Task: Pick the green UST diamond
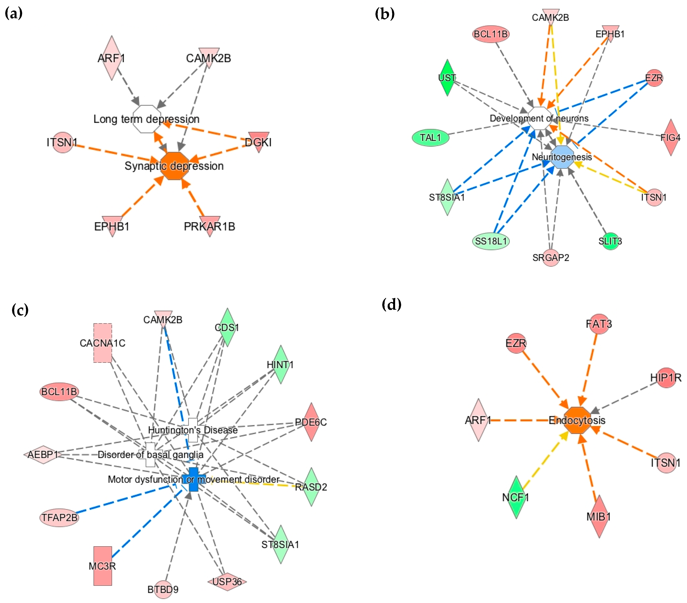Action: [447, 78]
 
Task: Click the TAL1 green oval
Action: [430, 137]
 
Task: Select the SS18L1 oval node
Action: [491, 241]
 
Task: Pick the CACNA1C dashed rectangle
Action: [102, 343]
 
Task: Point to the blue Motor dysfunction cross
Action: [194, 479]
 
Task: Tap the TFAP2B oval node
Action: [59, 517]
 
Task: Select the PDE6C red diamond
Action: [311, 422]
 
